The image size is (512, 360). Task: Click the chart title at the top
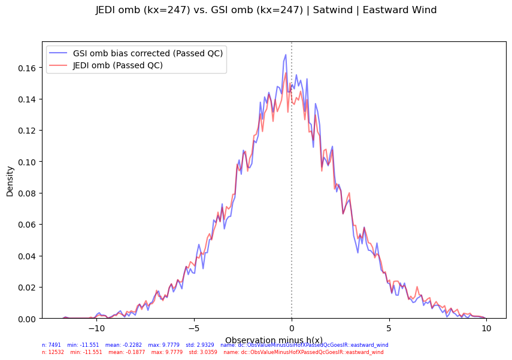[266, 10]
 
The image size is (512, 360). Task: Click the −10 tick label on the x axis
[96, 329]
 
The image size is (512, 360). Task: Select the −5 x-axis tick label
[194, 329]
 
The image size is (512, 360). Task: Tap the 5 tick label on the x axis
[389, 329]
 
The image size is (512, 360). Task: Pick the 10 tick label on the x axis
[486, 329]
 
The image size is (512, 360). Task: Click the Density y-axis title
[10, 181]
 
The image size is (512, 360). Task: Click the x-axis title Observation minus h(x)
[274, 340]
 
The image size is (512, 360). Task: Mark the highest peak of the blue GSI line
[286, 55]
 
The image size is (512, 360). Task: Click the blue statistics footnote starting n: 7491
[215, 345]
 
